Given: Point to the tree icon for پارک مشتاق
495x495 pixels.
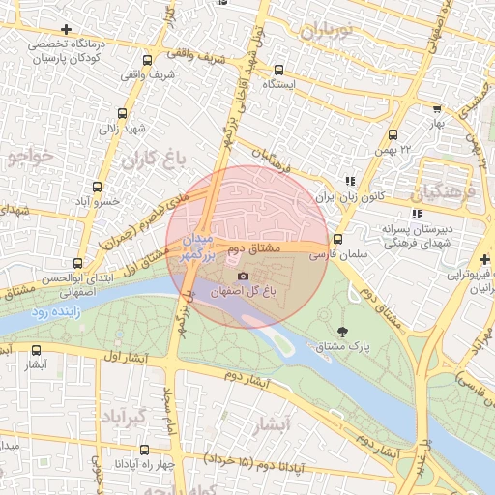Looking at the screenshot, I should pyautogui.click(x=345, y=332).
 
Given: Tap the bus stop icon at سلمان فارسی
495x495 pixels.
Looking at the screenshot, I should pyautogui.click(x=337, y=240).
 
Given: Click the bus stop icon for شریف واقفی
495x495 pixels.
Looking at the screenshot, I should pyautogui.click(x=147, y=59).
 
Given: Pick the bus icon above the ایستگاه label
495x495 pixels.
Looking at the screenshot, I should pyautogui.click(x=278, y=69).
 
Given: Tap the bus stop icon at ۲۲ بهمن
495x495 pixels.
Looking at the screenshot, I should pyautogui.click(x=393, y=134).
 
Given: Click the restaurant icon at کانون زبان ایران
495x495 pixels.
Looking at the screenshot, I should pyautogui.click(x=349, y=181).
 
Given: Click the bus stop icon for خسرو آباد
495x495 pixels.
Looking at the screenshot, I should pyautogui.click(x=97, y=187).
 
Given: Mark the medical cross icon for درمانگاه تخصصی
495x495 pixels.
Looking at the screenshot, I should pyautogui.click(x=65, y=29).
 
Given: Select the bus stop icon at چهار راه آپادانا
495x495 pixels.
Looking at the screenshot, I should pyautogui.click(x=144, y=450).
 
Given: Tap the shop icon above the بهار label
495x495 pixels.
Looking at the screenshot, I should pyautogui.click(x=437, y=110).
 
